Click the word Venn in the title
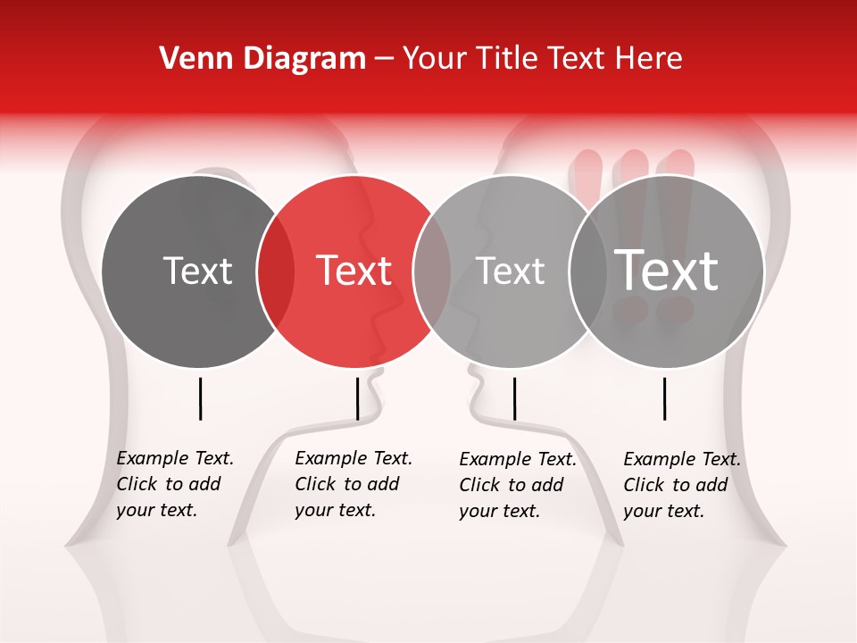[190, 59]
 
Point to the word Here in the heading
[649, 59]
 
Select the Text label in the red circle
[354, 271]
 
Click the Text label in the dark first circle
[197, 271]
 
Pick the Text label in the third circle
[511, 271]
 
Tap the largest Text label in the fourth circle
[667, 271]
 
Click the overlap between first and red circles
[276, 271]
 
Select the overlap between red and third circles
[432, 271]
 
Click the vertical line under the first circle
[200, 398]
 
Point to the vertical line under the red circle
[357, 398]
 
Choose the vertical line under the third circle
[514, 398]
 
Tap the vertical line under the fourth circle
[665, 398]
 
